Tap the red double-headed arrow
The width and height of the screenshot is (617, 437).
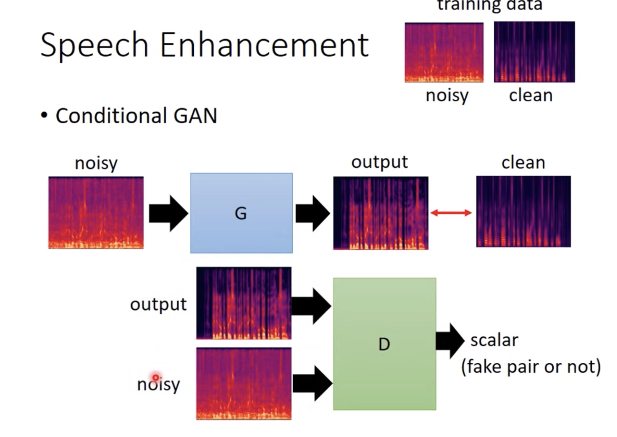pos(451,213)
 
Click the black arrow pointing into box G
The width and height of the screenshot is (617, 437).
pos(168,213)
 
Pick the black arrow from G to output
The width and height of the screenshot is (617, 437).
pos(313,213)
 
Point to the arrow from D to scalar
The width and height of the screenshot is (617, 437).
pos(450,341)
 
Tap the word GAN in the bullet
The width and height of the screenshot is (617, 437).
pos(195,116)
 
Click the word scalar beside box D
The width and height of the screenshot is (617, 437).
pos(494,341)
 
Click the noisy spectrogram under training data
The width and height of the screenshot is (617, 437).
pos(444,53)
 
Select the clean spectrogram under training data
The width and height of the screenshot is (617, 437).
pos(534,52)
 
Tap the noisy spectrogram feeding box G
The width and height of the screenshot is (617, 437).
pos(96,213)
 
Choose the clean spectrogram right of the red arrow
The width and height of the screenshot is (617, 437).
pos(523,212)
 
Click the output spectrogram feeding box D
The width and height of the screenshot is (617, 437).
pos(244,303)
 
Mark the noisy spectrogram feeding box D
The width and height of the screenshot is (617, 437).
pos(244,383)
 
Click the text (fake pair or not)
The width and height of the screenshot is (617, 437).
pos(531,367)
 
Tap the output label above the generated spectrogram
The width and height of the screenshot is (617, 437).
pos(379,162)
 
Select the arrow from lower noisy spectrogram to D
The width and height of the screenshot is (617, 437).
pos(312,383)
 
